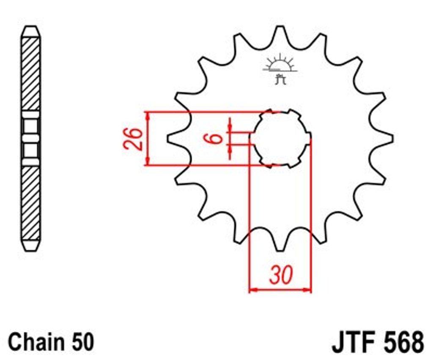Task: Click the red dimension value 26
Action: pos(134,139)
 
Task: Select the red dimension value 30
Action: pos(281,275)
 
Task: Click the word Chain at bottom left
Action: pos(34,342)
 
